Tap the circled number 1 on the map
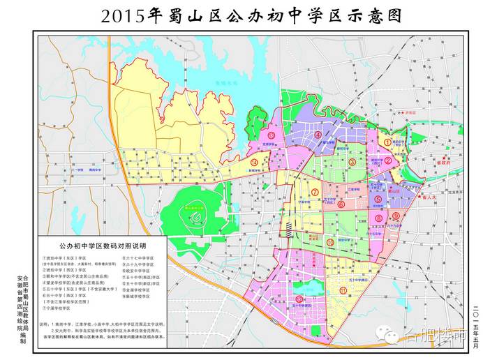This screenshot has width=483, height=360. click(x=387, y=142)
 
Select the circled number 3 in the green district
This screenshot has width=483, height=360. click(x=352, y=162)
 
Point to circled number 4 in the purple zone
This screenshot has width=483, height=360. click(x=318, y=135)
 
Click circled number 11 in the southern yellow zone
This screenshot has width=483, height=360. click(x=343, y=289)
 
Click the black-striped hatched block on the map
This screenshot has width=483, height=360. click(x=287, y=227)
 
